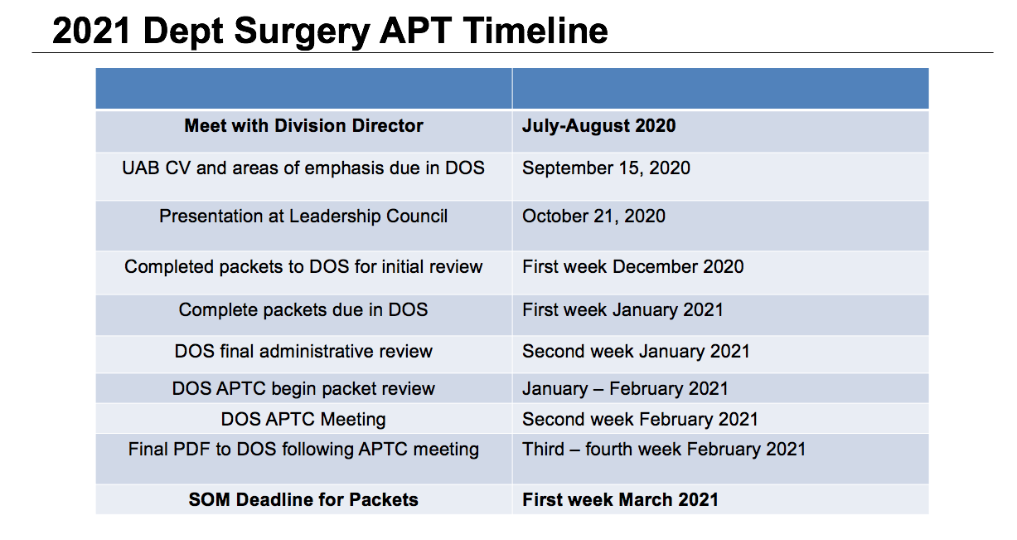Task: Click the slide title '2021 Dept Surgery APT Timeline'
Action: (330, 31)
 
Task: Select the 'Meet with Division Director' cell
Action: (303, 126)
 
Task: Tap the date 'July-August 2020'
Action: (598, 126)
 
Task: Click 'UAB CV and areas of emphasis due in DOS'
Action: (303, 168)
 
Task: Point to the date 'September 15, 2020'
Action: (606, 168)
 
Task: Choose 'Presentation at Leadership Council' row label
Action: (303, 216)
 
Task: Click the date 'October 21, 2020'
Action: (593, 216)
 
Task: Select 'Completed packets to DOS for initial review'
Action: (303, 267)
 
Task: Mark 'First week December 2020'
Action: (632, 267)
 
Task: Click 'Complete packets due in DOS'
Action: (303, 310)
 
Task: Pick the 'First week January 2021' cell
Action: (622, 310)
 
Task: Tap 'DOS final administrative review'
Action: (303, 352)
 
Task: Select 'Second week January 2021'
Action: (636, 352)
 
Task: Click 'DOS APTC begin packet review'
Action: (303, 389)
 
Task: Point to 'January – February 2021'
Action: (625, 389)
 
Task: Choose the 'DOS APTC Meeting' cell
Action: (303, 420)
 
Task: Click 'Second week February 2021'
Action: (640, 420)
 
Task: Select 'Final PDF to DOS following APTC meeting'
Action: (303, 450)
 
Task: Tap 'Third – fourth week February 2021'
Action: (664, 450)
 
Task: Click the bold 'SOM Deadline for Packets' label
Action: (303, 499)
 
